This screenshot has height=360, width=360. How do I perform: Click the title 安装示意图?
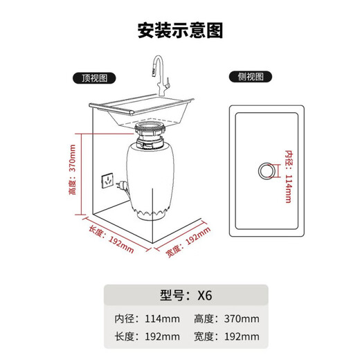click(180, 31)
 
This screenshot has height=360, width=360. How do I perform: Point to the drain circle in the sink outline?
click(266, 170)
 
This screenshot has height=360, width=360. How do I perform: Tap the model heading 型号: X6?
click(180, 295)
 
